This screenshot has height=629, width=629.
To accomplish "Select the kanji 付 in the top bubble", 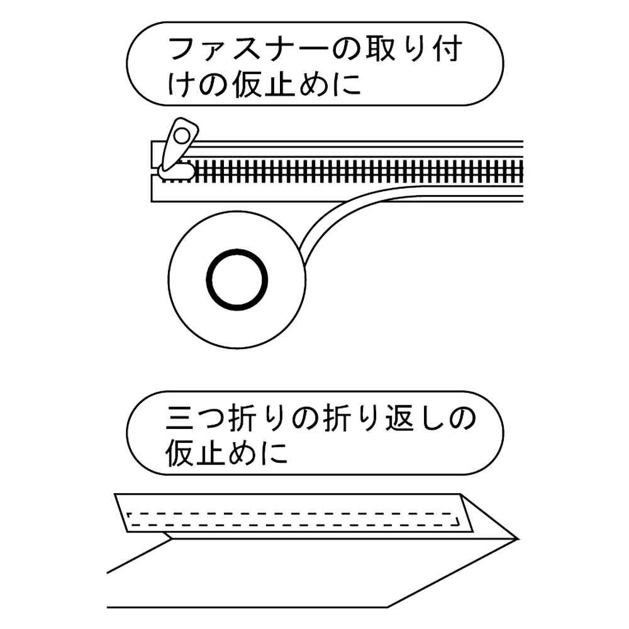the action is [x=446, y=50].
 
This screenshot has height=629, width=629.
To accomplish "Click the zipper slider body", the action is [x=177, y=171].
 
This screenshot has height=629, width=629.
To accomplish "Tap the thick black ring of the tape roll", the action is [x=237, y=279].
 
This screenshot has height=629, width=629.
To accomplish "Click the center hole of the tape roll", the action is [x=237, y=279].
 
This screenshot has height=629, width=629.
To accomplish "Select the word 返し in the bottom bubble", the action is [x=416, y=419].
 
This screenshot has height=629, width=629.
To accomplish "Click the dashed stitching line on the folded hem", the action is [x=293, y=520].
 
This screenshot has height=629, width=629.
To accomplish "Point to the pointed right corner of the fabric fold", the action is [x=518, y=539].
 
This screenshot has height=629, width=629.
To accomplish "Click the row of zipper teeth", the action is [x=359, y=172].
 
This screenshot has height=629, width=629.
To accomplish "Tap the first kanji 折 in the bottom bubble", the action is [x=244, y=419].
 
